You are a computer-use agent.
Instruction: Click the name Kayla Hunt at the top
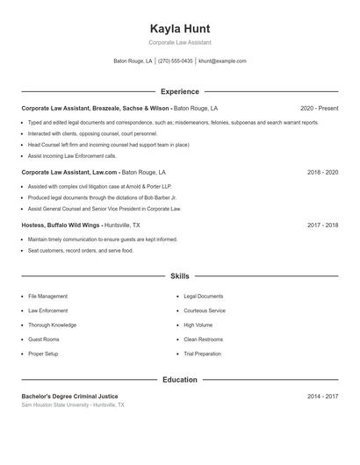point(180,29)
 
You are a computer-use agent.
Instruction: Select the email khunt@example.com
point(222,61)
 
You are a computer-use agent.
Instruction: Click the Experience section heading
point(180,91)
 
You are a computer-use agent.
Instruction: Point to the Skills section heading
point(180,276)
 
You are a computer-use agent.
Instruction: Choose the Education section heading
point(180,380)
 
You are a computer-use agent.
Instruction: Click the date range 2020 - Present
point(319,108)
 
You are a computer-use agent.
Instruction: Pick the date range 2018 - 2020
point(322,173)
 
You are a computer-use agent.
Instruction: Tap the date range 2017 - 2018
point(322,225)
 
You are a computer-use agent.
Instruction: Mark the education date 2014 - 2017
point(322,397)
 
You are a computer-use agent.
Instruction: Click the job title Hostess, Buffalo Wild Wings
point(61,225)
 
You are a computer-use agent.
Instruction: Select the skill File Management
point(47,297)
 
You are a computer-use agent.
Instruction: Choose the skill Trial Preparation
point(202,354)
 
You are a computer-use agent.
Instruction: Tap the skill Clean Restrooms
point(204,340)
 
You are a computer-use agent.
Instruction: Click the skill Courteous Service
point(205,311)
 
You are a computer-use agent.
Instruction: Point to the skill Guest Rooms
point(44,340)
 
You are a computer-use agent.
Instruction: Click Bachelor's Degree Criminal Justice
point(69,397)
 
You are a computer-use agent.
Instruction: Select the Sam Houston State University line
point(73,405)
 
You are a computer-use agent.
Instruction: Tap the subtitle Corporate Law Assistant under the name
point(180,42)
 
